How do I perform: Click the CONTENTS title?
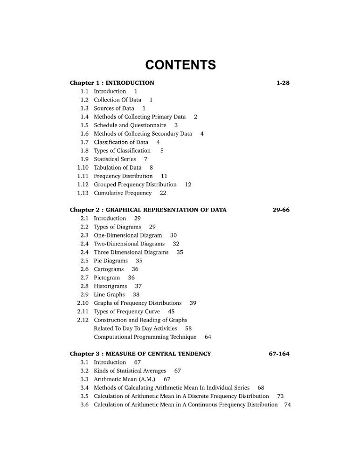tap(180, 65)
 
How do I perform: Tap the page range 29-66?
tap(281, 210)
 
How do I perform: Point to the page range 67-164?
tap(279, 354)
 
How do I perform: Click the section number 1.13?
tap(83, 193)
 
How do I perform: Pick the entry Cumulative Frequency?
tap(123, 193)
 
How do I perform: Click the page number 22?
tap(163, 193)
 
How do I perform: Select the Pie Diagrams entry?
tap(111, 261)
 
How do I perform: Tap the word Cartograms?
tap(109, 269)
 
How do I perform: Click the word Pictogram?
tap(107, 278)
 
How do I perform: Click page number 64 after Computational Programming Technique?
tap(208, 337)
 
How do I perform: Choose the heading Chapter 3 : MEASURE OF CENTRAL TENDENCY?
tap(140, 354)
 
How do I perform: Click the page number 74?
tap(287, 404)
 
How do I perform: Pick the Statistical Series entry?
tap(115, 159)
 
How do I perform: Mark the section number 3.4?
tap(84, 388)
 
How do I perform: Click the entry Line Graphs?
tap(109, 295)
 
